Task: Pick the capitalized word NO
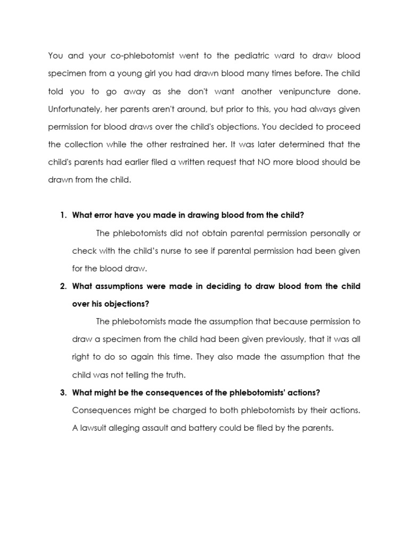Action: (x=260, y=162)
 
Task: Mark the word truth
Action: (x=174, y=375)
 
